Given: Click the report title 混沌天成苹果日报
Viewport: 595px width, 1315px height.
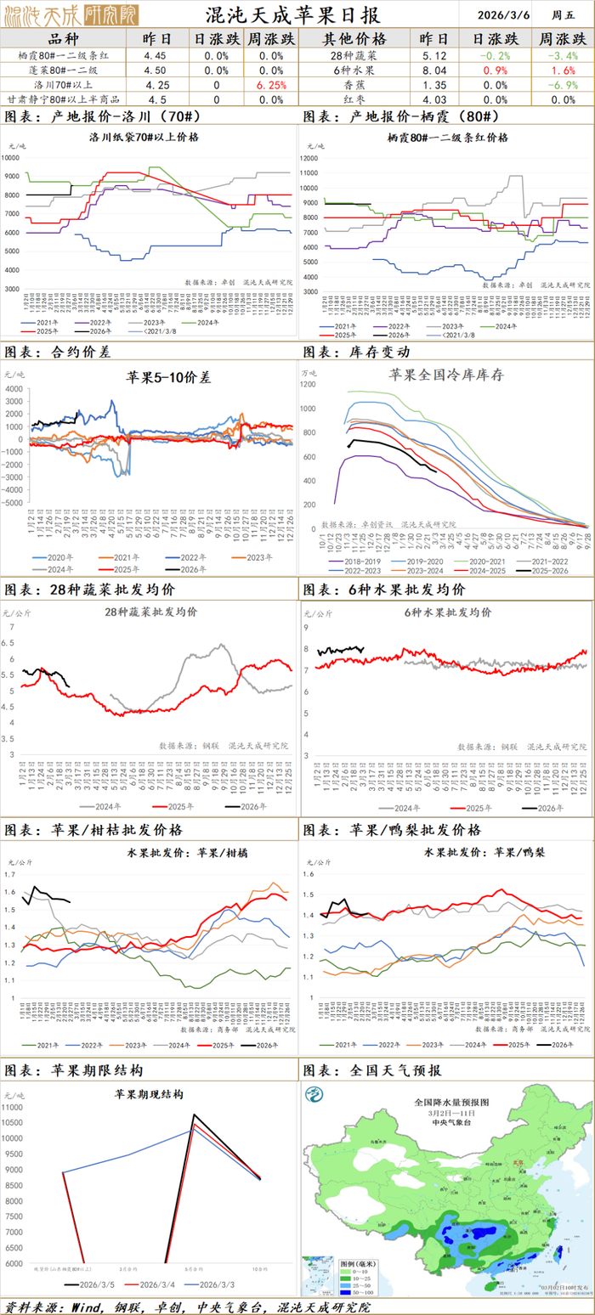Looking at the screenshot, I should tap(293, 15).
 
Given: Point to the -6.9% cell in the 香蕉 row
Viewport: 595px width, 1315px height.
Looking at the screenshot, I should tap(562, 85).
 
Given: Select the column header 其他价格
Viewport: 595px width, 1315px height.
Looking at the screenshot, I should tap(354, 39).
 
